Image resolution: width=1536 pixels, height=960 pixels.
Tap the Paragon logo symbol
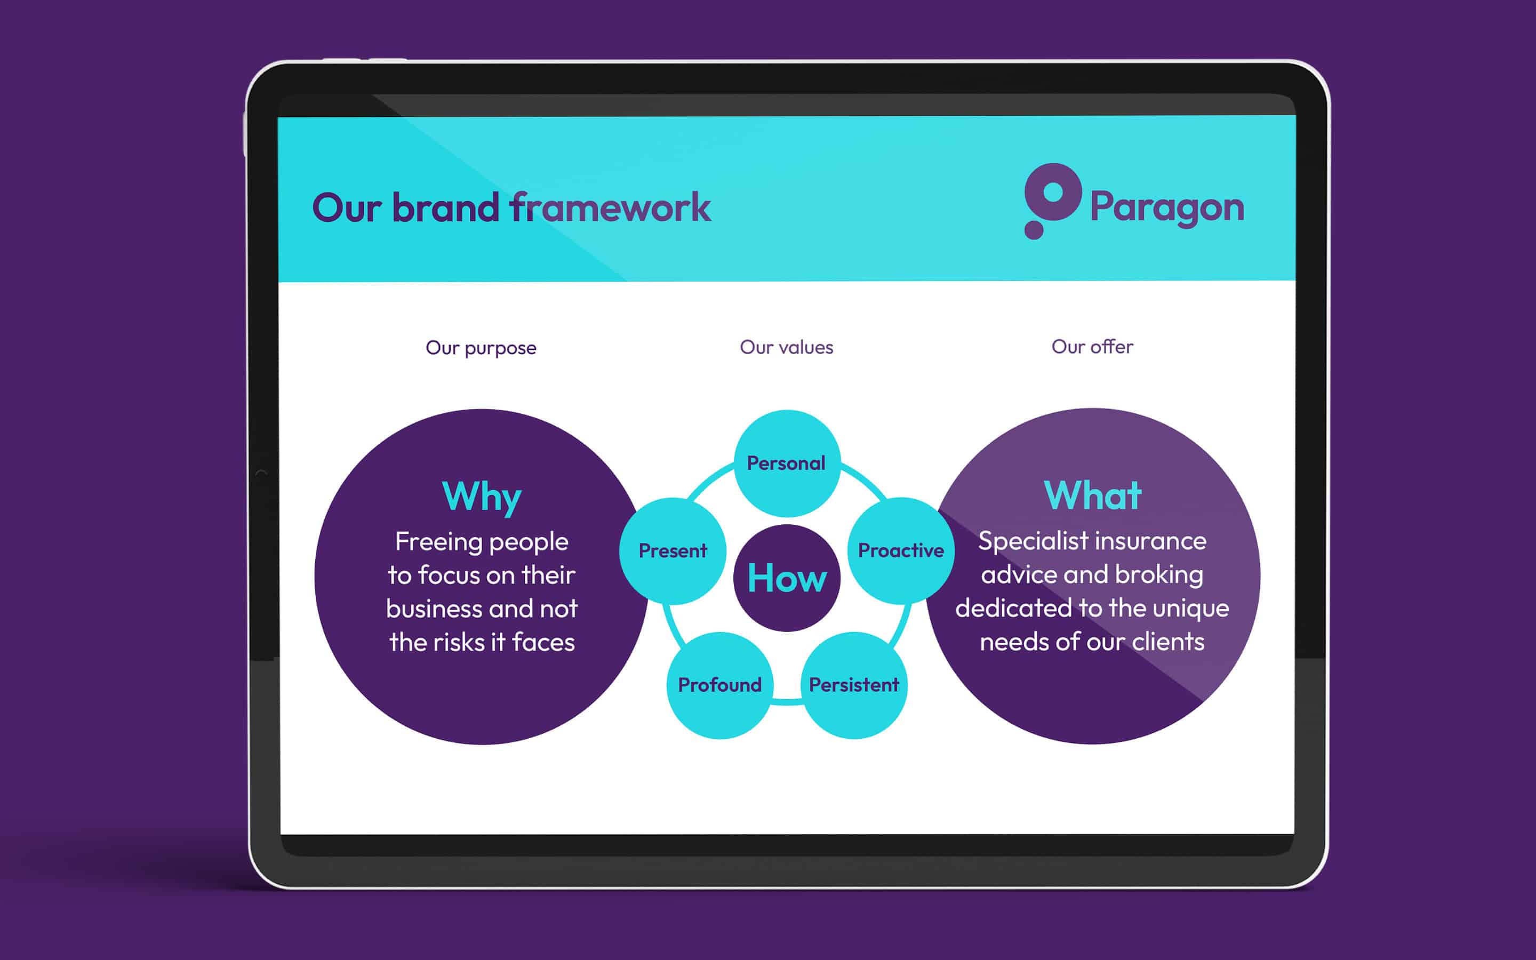[1052, 201]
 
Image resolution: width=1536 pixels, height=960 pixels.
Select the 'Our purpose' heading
[481, 348]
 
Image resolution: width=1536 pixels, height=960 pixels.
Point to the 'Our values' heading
[787, 347]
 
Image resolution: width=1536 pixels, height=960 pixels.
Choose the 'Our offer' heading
[1092, 347]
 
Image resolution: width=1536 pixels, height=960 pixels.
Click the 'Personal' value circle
[787, 463]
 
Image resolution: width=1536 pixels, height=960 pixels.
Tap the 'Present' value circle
[673, 550]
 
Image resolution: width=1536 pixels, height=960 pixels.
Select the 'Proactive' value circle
[901, 550]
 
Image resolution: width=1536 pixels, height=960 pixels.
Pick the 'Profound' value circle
[720, 685]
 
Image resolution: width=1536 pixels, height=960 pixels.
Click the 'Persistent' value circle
[854, 685]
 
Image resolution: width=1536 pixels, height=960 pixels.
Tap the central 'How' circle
[787, 578]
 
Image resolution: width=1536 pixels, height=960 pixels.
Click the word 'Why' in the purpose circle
[482, 497]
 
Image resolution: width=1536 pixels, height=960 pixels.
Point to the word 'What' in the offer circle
[1092, 495]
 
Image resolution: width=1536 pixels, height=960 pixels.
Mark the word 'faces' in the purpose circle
[543, 643]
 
